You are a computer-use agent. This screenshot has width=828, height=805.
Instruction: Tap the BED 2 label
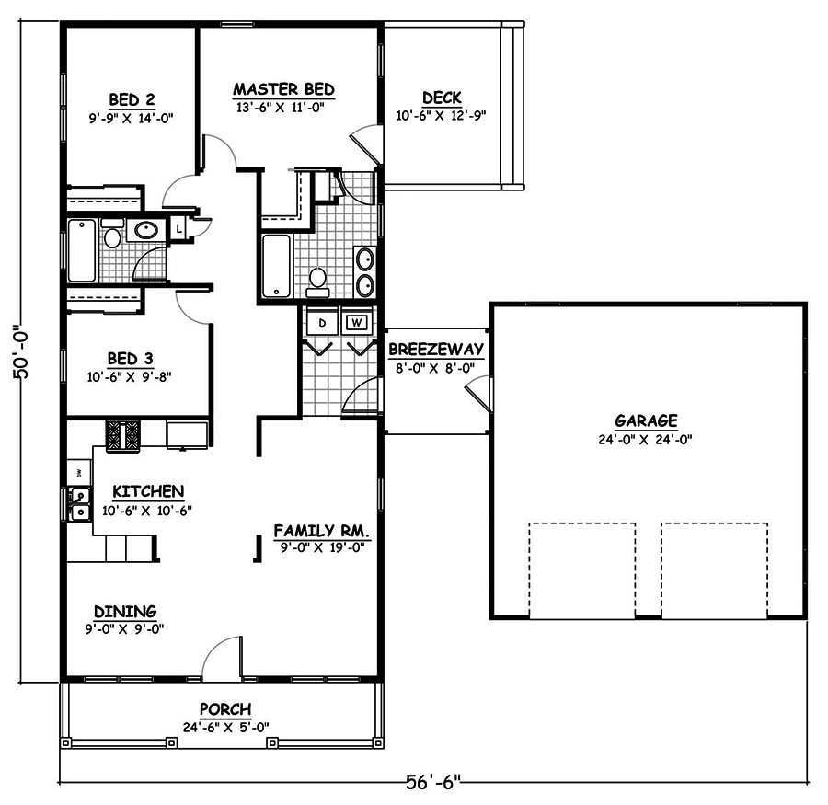pyautogui.click(x=131, y=99)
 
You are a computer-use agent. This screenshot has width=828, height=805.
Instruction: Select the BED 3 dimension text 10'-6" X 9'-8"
pyautogui.click(x=128, y=375)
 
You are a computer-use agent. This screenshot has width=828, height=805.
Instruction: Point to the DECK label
pyautogui.click(x=441, y=98)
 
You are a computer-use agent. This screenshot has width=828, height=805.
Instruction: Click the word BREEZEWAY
pyautogui.click(x=435, y=350)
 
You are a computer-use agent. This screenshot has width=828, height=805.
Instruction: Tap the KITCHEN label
pyautogui.click(x=147, y=491)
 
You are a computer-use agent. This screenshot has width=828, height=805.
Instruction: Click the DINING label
pyautogui.click(x=125, y=611)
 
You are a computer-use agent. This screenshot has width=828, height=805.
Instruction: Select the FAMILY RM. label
pyautogui.click(x=321, y=531)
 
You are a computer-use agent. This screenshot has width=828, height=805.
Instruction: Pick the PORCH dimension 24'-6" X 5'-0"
pyautogui.click(x=225, y=726)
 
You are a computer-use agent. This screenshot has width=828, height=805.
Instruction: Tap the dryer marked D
pyautogui.click(x=322, y=323)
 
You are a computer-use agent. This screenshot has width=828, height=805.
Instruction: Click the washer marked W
pyautogui.click(x=356, y=323)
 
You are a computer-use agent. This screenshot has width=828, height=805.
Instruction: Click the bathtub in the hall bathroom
pyautogui.click(x=81, y=250)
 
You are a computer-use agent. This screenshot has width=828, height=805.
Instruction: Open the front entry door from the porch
pyautogui.click(x=223, y=661)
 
